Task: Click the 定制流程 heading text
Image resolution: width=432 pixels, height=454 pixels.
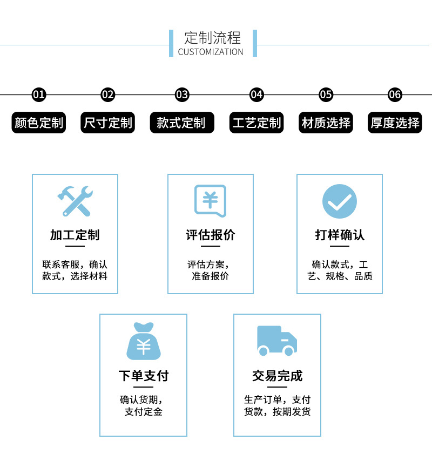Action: point(212,38)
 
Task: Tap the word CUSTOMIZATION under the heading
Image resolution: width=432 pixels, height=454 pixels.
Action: point(211,52)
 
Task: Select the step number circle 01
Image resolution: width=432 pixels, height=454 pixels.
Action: point(39,95)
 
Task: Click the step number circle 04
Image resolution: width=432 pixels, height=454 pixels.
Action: point(256,95)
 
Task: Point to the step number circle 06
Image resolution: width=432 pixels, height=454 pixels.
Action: point(395,95)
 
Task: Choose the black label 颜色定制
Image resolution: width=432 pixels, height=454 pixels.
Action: point(39,123)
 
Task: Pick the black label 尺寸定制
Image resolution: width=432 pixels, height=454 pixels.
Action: point(108,123)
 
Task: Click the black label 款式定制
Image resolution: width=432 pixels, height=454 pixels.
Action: point(182,123)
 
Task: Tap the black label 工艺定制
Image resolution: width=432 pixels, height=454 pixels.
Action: point(256,123)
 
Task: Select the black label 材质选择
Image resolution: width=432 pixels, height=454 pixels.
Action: point(326,123)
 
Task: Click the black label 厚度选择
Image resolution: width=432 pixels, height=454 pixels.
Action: point(395,123)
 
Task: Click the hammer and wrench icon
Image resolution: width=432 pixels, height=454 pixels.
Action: point(75,201)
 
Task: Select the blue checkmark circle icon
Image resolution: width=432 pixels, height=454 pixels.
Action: point(340,201)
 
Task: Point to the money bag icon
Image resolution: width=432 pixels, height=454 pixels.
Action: point(143,341)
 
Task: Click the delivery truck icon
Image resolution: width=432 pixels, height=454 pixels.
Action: point(277,341)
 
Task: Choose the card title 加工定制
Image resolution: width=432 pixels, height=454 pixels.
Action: point(75,235)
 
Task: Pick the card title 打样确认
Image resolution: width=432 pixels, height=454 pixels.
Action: point(340,235)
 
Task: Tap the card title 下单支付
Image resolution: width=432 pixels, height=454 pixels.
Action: point(143,376)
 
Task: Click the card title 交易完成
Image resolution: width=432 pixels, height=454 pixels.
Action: point(277,376)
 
